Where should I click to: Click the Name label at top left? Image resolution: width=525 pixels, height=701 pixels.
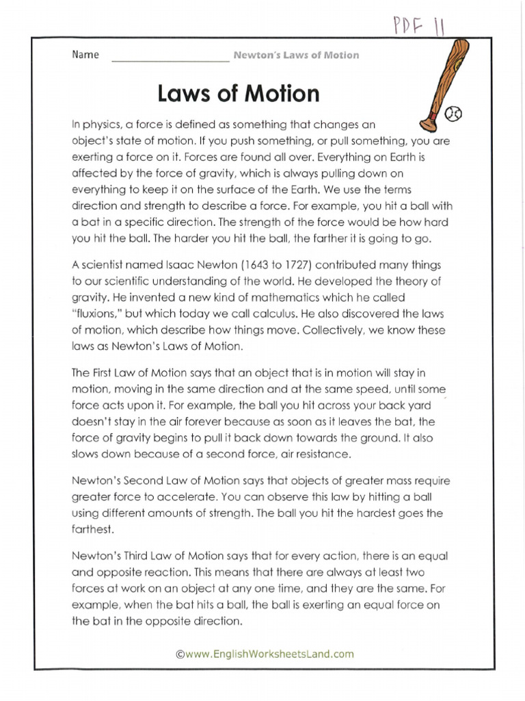click(85, 55)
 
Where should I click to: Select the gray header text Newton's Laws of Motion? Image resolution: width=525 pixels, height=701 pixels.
click(296, 55)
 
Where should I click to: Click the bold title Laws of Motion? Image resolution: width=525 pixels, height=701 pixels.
click(239, 92)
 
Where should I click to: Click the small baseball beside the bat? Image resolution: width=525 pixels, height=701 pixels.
click(454, 114)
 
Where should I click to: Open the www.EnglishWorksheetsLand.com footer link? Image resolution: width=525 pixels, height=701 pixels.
click(265, 654)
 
